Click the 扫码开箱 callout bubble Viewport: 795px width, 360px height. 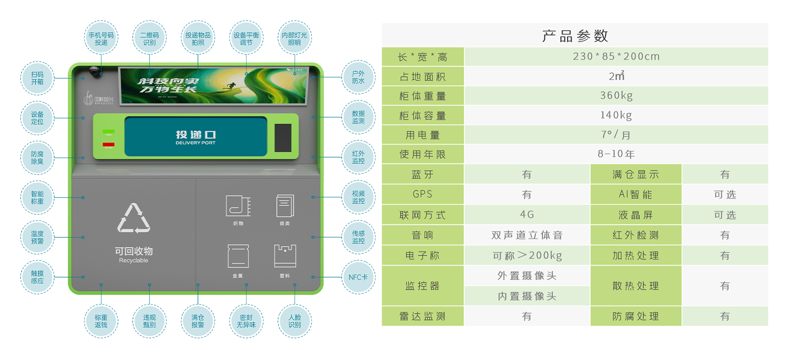pyautogui.click(x=38, y=78)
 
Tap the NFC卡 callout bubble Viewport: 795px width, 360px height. pyautogui.click(x=358, y=277)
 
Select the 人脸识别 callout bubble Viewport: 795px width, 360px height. pyautogui.click(x=294, y=321)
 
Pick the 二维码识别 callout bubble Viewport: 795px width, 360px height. pyautogui.click(x=149, y=38)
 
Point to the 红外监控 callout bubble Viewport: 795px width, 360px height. pyautogui.click(x=358, y=157)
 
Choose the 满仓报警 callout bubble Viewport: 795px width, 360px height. pyautogui.click(x=198, y=321)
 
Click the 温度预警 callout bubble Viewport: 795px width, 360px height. pyautogui.click(x=38, y=237)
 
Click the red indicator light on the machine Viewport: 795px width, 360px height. pyautogui.click(x=109, y=145)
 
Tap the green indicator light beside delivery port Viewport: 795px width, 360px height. pyautogui.click(x=109, y=132)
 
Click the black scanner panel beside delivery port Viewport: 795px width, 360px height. pyautogui.click(x=283, y=138)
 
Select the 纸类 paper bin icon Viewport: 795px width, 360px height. pyautogui.click(x=285, y=206)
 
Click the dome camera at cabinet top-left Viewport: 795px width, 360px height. pyautogui.click(x=95, y=71)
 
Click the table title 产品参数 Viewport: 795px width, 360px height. pyautogui.click(x=575, y=36)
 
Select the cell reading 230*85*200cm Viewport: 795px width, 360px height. pyautogui.click(x=616, y=57)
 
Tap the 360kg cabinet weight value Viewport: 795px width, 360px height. pyautogui.click(x=616, y=96)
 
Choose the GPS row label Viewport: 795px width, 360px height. pyautogui.click(x=423, y=194)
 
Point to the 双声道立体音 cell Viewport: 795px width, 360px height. pyautogui.click(x=527, y=235)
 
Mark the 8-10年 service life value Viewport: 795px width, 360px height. pyautogui.click(x=616, y=154)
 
